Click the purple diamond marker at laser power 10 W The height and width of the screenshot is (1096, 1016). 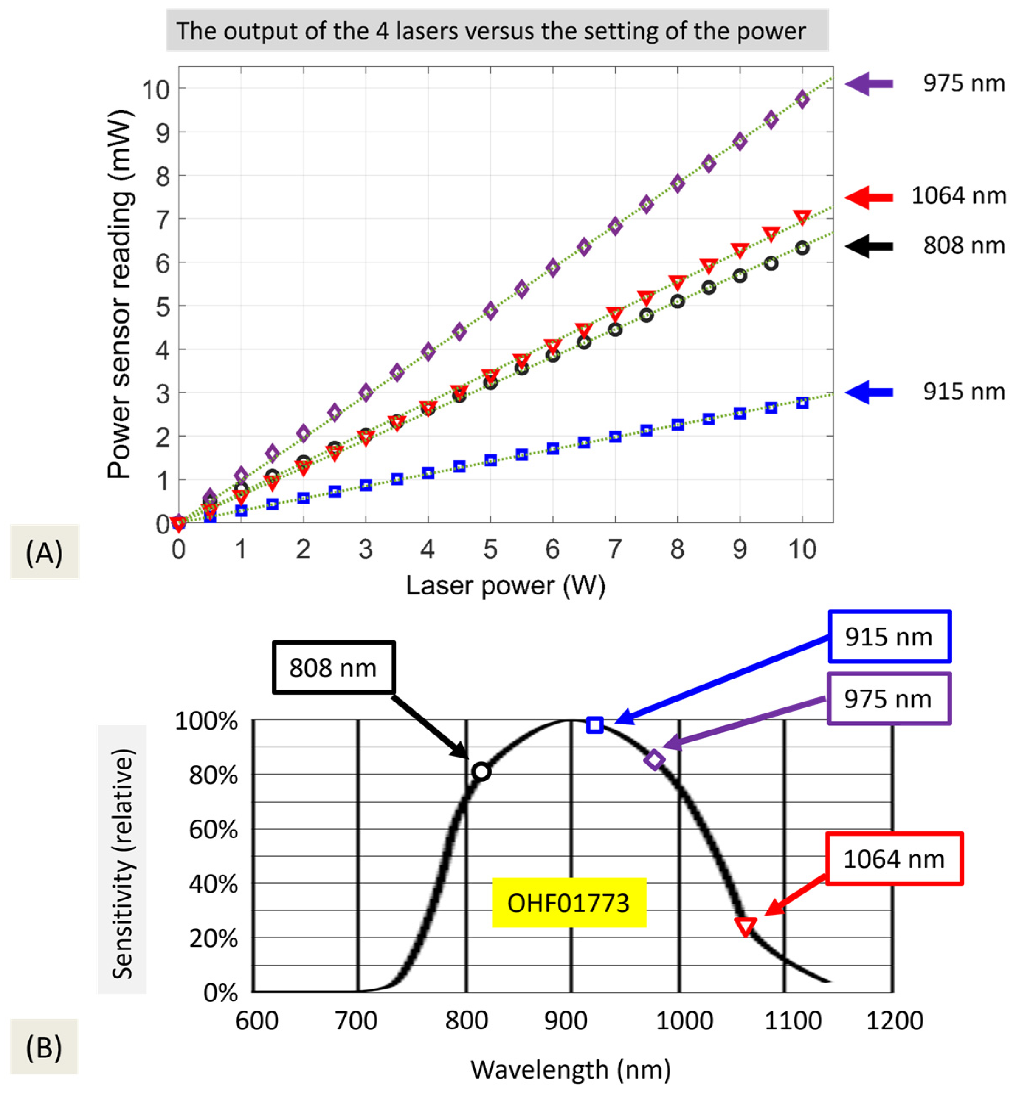tap(802, 99)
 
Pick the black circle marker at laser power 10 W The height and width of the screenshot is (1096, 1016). tap(802, 248)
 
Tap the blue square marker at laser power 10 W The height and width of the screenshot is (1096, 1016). tap(802, 403)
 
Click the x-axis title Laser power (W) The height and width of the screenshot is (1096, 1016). tap(505, 585)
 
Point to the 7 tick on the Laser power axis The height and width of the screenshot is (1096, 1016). tap(615, 549)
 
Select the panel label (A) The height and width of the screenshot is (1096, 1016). tap(44, 552)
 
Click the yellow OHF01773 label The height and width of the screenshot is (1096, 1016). tap(569, 903)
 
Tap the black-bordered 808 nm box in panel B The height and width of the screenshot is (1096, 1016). tap(333, 668)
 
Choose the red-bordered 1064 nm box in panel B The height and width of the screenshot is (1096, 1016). tap(894, 859)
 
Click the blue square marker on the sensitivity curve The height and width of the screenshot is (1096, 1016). tap(594, 725)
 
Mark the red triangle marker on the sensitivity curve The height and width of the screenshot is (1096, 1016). tap(746, 926)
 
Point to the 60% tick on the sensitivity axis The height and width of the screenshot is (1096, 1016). tap(213, 830)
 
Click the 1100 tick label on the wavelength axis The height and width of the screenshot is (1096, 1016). tap(793, 1021)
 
